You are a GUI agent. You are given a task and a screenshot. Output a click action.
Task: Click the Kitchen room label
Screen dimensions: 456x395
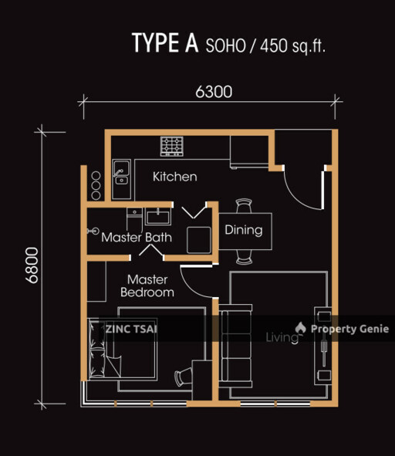[174, 177]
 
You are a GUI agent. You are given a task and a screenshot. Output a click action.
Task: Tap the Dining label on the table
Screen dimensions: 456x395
[243, 230]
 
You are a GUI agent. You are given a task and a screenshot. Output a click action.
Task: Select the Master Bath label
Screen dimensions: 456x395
[137, 238]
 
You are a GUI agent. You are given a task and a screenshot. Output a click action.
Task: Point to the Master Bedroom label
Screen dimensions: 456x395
[147, 285]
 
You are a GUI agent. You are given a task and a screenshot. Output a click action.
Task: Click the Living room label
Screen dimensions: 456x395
[282, 337]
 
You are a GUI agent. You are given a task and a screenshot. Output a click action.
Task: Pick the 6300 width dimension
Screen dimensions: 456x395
[214, 92]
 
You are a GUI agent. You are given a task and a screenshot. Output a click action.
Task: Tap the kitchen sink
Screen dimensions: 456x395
[120, 173]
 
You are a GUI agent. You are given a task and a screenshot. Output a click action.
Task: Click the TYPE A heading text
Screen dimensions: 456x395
[165, 43]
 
